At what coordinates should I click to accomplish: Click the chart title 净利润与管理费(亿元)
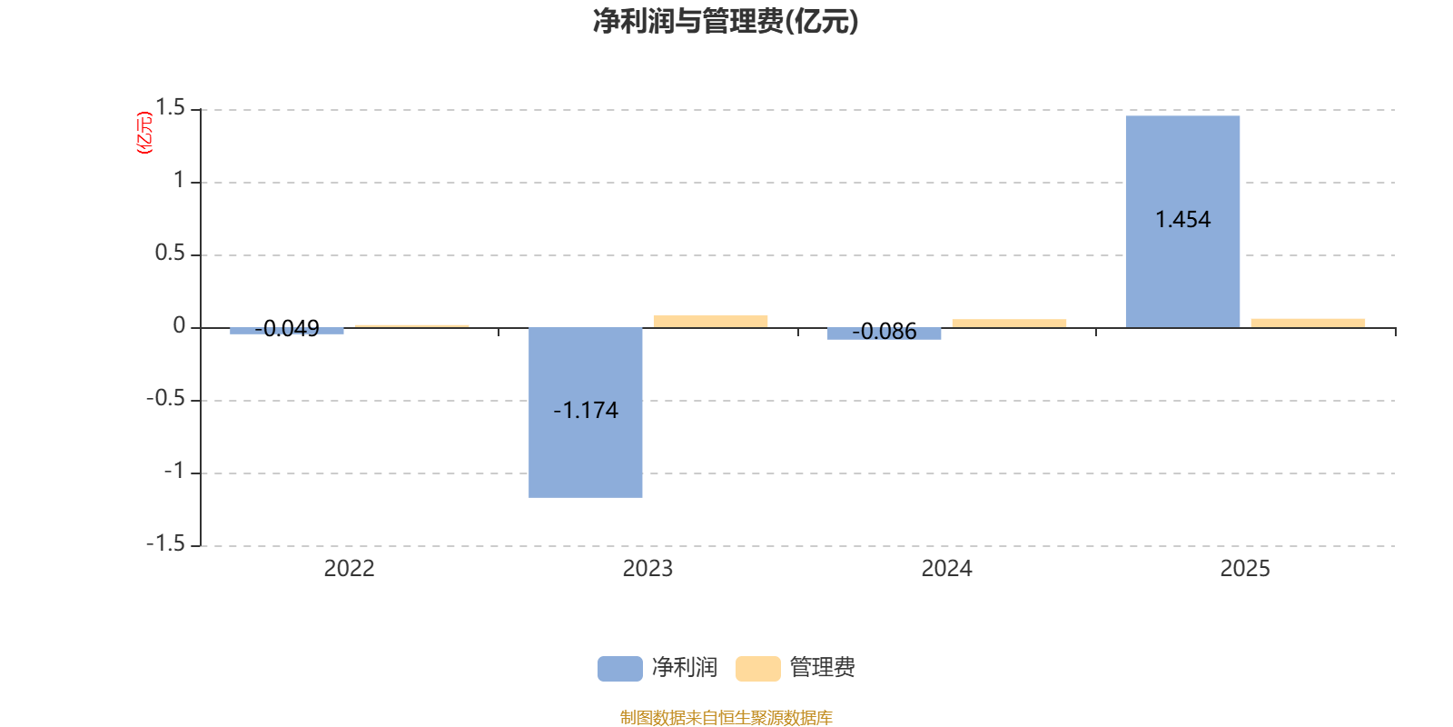(x=726, y=22)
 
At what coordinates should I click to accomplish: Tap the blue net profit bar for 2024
(x=885, y=334)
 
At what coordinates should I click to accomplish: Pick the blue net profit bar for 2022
(x=287, y=331)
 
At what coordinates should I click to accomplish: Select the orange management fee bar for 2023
(x=710, y=321)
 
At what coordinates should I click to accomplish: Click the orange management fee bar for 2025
(x=1308, y=323)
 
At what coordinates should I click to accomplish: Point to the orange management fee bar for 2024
(x=1009, y=323)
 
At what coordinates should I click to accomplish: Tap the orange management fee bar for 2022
(x=412, y=325)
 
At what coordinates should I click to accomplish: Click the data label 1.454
(x=1182, y=220)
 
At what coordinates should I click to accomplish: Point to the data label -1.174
(x=586, y=411)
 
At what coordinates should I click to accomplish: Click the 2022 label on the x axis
(x=350, y=569)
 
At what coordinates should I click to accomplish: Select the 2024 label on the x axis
(x=946, y=569)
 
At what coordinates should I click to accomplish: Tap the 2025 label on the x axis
(x=1245, y=569)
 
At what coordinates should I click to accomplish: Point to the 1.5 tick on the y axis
(x=170, y=108)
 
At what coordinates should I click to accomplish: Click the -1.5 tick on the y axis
(x=165, y=543)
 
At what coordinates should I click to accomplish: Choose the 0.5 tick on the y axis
(x=170, y=254)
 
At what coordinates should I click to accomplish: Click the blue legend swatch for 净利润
(x=619, y=668)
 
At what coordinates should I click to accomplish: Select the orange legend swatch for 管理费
(x=757, y=668)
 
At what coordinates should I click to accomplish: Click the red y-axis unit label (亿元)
(x=144, y=133)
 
